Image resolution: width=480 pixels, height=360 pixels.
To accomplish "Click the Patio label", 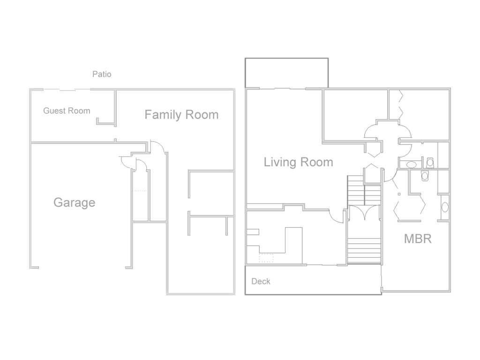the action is pos(102,74).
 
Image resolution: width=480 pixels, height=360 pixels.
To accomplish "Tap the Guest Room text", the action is pos(67,111).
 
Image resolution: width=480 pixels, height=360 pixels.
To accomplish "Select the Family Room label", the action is pos(181,115).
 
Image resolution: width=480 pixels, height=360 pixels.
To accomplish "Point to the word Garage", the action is pos(75,202).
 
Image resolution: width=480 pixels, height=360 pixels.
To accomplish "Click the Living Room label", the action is pos(299,162).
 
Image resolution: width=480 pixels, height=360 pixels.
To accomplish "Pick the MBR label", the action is pos(418,239).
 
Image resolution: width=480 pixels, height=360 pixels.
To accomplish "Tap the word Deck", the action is pos(261,281).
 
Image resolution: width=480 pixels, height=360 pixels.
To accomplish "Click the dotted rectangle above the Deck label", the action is pos(266,258).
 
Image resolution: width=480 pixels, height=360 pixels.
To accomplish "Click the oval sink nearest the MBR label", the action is pos(445,207).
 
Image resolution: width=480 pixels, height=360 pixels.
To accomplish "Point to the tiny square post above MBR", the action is pos(399,194).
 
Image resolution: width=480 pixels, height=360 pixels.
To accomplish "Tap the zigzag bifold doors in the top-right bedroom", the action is pos(401,105).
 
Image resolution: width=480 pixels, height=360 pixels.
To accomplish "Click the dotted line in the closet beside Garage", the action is pos(140,191).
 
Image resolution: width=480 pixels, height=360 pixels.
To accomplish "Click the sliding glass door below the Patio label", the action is pos(67,90).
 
